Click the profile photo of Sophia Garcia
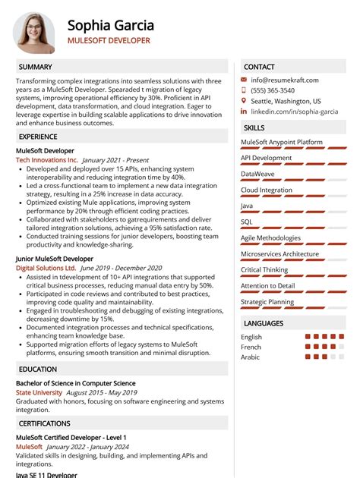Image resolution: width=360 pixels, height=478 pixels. point(34,32)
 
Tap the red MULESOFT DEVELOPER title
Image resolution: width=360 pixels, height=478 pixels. point(109,41)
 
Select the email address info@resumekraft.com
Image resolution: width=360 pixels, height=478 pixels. point(285,80)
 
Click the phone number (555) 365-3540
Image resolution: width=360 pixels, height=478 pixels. point(273,90)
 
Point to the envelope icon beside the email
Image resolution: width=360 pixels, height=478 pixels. point(244,80)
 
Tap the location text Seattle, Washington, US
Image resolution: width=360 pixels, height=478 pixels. point(286,101)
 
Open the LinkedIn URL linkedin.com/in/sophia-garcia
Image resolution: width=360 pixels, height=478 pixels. point(295,112)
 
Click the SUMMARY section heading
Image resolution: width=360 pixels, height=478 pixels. point(35,67)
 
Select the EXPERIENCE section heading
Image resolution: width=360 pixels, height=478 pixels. point(38,137)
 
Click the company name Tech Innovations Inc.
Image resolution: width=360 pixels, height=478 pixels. point(46,161)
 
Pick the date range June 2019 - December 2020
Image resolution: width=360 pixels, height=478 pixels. point(121,268)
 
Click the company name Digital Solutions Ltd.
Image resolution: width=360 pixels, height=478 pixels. point(46,268)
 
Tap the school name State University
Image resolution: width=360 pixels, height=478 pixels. point(39,393)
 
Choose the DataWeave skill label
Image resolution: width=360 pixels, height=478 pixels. point(258,174)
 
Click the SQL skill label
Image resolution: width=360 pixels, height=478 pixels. point(247,222)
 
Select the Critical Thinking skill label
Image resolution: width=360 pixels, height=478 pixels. point(264,269)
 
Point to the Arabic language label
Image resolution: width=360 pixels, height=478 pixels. point(251,357)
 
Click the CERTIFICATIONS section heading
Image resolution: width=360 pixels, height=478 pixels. point(44,423)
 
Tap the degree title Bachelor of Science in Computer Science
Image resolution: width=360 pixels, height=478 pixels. point(76,383)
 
